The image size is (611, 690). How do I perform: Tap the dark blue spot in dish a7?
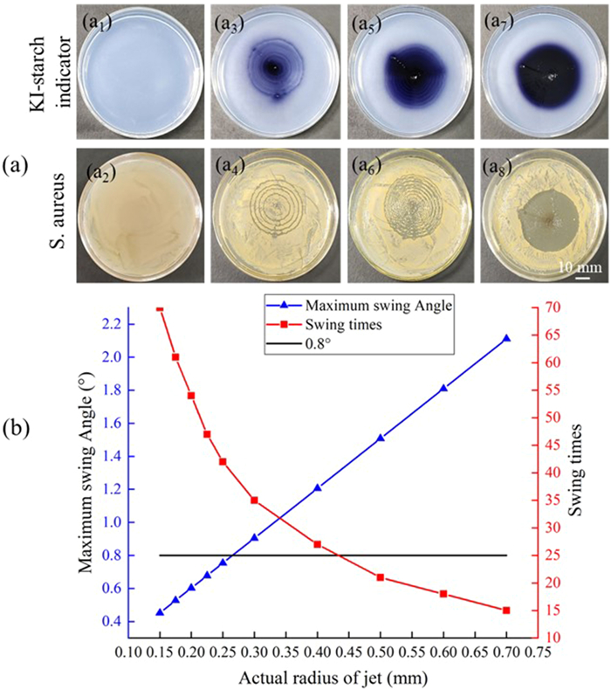coord(544,76)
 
